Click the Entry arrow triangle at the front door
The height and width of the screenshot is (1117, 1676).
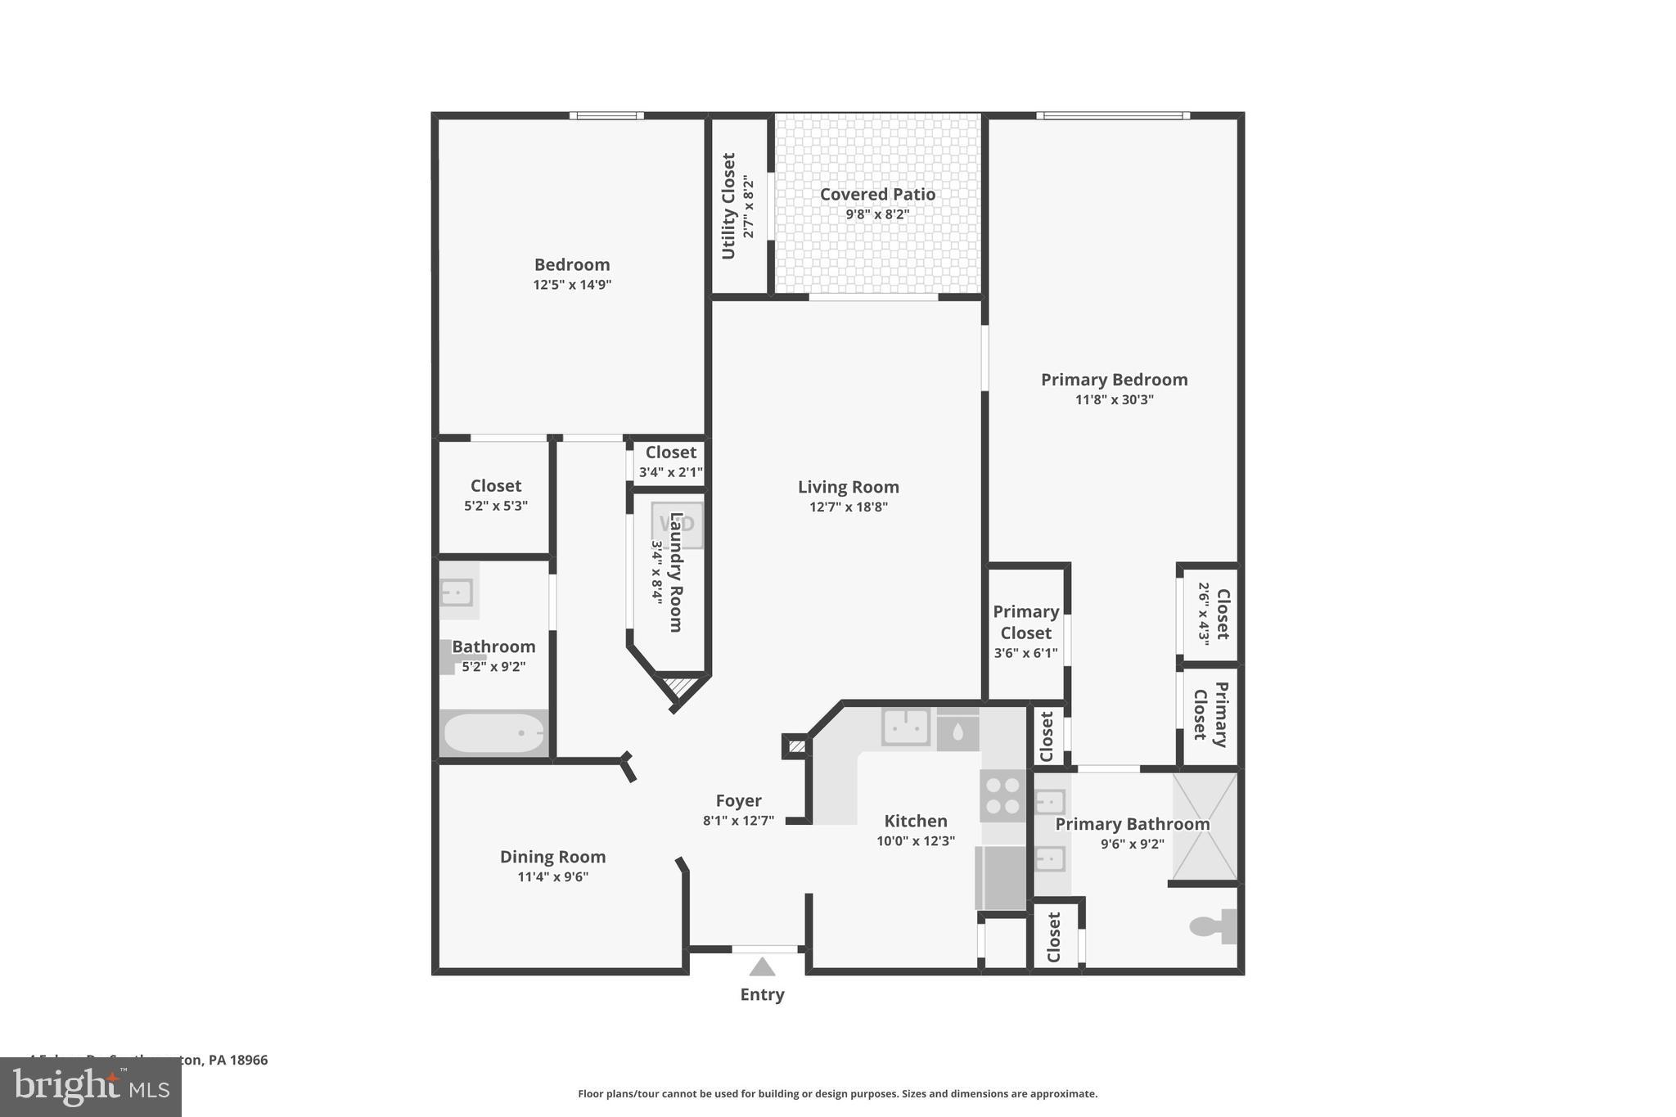762,967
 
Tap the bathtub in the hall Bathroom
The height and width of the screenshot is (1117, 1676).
493,733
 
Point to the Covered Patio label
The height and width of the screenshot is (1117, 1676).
877,194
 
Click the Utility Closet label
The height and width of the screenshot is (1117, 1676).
728,205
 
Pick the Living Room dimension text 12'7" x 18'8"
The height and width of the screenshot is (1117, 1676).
849,507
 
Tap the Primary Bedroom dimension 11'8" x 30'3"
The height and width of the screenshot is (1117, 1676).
1114,399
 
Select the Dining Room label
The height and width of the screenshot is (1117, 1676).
552,857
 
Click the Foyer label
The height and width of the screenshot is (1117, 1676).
738,800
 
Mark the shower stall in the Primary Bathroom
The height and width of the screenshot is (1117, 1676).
1205,826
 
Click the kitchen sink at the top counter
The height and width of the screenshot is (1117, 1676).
906,726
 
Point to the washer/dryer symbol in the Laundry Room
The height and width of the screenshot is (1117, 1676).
677,525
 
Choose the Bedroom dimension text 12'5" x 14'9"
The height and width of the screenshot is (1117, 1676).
572,285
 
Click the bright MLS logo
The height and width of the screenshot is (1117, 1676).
91,1088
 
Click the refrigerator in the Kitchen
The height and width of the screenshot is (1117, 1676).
1000,878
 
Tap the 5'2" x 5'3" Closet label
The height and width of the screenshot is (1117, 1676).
495,486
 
